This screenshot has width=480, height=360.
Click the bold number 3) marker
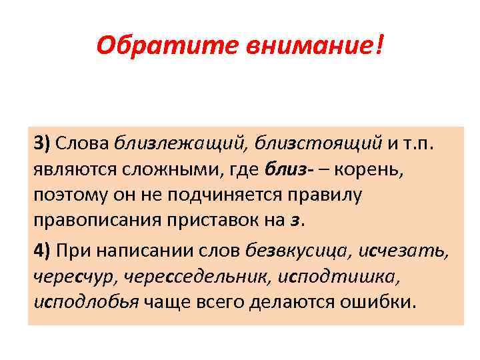click(x=42, y=142)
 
